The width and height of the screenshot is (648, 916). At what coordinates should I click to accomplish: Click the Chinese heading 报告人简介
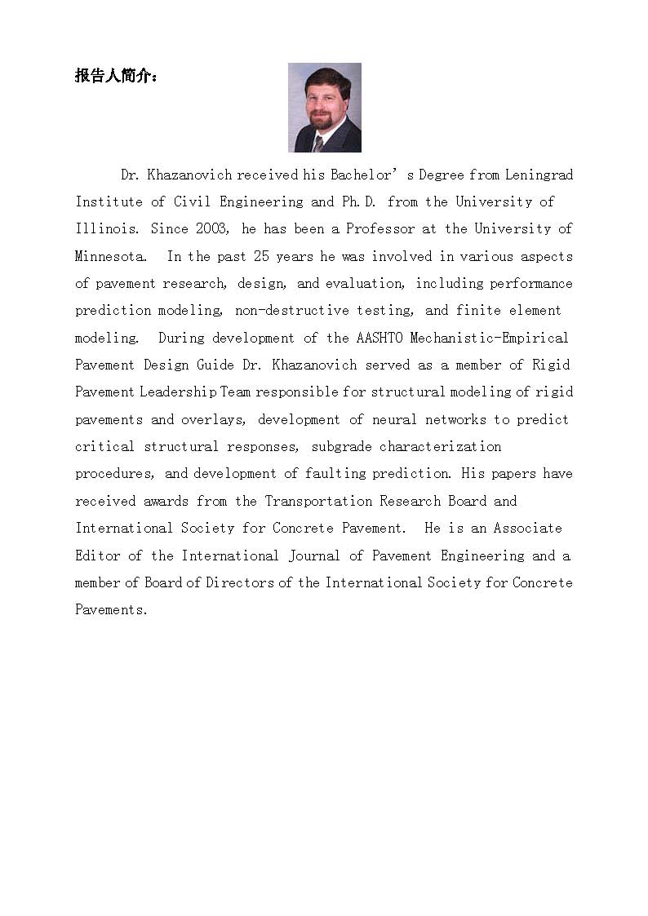tap(117, 77)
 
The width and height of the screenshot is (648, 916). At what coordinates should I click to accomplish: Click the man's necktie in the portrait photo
tap(318, 143)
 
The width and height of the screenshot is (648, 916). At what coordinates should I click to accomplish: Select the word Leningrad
tap(539, 175)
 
